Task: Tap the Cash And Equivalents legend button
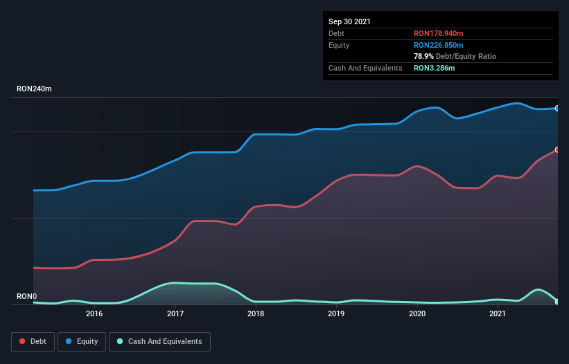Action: pyautogui.click(x=159, y=341)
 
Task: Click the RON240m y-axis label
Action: pyautogui.click(x=34, y=89)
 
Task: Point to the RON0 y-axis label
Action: pyautogui.click(x=26, y=296)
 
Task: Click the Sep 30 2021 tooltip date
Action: pyautogui.click(x=350, y=21)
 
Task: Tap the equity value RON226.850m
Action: pyautogui.click(x=439, y=45)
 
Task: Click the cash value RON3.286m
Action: pyautogui.click(x=434, y=68)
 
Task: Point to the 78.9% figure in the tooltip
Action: pyautogui.click(x=423, y=56)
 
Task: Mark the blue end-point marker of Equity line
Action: pyautogui.click(x=557, y=109)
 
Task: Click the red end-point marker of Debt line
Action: pyautogui.click(x=557, y=149)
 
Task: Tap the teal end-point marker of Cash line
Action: pyautogui.click(x=557, y=301)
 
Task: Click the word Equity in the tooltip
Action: pyautogui.click(x=339, y=45)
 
